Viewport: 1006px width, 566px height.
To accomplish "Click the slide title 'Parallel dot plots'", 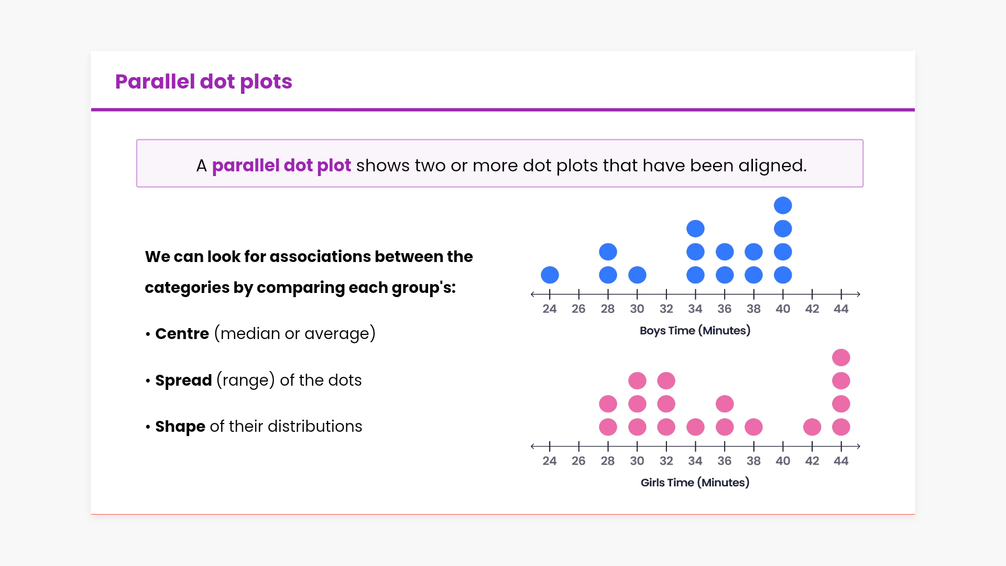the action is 203,82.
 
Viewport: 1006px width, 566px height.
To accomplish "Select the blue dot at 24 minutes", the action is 550,275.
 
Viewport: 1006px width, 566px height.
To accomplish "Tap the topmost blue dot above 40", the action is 783,205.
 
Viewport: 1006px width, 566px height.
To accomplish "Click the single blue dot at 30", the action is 637,275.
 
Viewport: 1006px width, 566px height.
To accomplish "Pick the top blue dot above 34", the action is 695,228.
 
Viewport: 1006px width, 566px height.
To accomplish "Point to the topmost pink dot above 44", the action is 841,357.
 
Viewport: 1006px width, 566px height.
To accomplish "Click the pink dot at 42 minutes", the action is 812,427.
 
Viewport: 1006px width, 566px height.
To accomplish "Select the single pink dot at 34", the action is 695,427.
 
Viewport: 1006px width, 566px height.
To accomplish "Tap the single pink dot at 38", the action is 753,427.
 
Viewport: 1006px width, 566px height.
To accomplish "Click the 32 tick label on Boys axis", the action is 666,309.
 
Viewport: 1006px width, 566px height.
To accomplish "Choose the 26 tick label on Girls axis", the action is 578,461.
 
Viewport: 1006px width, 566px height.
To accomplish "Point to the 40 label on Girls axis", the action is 783,461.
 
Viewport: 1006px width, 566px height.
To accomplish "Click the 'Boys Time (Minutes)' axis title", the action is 695,331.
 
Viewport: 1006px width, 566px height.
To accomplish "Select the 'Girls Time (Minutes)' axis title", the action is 695,483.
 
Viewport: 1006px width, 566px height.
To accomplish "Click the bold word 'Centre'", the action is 182,334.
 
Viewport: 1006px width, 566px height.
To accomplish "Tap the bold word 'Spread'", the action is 183,380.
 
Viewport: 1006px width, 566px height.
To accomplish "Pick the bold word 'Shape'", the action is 180,427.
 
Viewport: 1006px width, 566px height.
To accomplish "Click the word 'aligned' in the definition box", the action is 772,166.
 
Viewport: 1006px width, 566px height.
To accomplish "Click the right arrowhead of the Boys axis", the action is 858,294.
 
